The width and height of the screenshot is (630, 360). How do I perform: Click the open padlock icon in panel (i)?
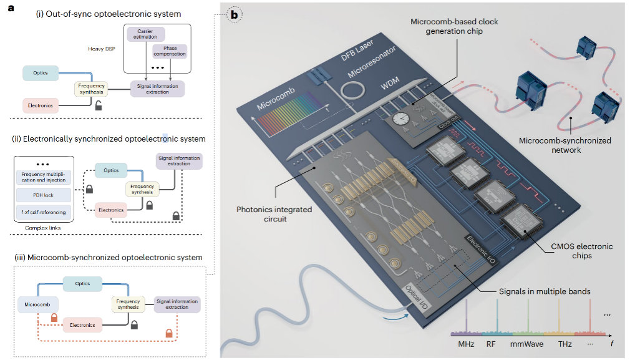(x=99, y=105)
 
